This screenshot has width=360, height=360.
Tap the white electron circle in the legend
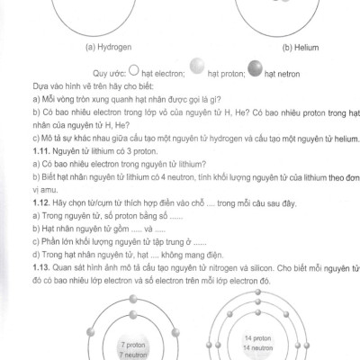click(134, 67)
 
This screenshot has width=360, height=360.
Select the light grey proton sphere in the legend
click(198, 67)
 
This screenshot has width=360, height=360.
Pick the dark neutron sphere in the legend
click(258, 67)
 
